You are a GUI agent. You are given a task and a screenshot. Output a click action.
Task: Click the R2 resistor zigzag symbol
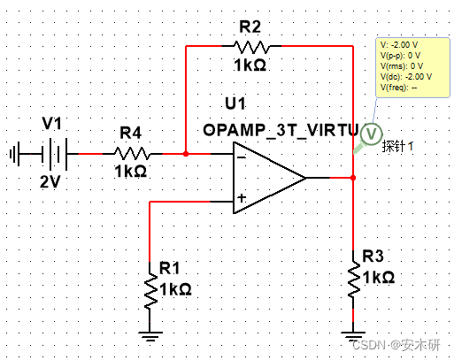[251, 47]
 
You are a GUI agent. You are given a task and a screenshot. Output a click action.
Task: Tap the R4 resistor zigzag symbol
[132, 153]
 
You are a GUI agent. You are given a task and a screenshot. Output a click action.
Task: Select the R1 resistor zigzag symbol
[150, 291]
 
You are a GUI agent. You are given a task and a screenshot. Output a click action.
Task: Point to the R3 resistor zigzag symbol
[353, 280]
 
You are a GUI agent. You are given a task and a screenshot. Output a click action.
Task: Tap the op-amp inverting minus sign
[242, 157]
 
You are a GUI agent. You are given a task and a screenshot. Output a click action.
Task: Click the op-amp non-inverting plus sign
[242, 198]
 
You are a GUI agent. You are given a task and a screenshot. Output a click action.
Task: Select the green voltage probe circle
[371, 134]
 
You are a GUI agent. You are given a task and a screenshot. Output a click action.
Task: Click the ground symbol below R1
[150, 336]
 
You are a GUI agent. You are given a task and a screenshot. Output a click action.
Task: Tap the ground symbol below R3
[353, 336]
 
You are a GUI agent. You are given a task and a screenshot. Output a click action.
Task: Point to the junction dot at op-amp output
[353, 178]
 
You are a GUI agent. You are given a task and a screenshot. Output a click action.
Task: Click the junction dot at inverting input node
[186, 154]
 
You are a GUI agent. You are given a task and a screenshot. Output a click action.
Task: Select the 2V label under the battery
[50, 181]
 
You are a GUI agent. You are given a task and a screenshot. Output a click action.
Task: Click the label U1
[235, 103]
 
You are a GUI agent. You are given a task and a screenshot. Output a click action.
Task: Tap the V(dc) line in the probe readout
[406, 77]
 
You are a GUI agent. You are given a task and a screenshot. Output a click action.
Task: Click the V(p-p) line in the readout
[400, 56]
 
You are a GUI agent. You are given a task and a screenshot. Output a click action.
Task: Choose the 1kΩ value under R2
[250, 65]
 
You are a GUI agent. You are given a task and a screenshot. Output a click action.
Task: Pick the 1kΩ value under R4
[131, 172]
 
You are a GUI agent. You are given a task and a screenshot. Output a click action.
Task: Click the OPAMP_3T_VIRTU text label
[281, 130]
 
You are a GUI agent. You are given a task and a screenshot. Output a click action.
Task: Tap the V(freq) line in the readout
[398, 88]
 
